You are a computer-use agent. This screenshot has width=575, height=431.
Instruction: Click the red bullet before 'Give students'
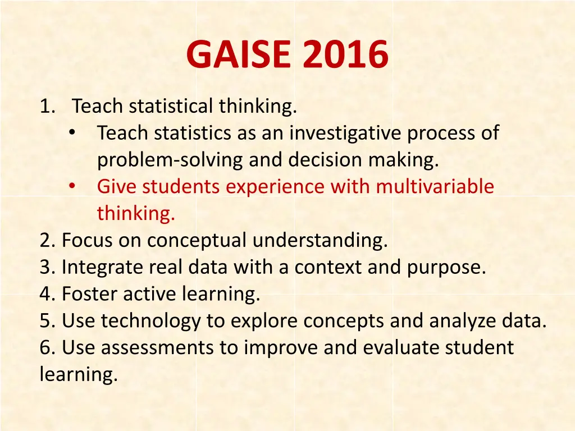(72, 186)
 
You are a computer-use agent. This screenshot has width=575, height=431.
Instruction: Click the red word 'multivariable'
(435, 186)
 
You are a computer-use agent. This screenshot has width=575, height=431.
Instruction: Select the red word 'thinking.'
(136, 213)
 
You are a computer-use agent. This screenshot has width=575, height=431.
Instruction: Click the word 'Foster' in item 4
(87, 294)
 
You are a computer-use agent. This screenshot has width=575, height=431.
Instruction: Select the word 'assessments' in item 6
(160, 348)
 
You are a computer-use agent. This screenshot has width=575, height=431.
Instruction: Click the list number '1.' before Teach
(47, 106)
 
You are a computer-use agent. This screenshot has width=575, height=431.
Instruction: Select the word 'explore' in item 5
(265, 321)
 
